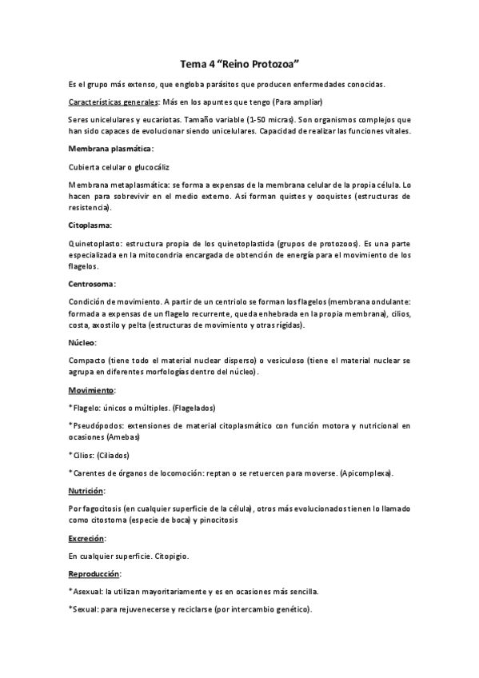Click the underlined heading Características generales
[x=114, y=102]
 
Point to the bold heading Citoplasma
[x=90, y=225]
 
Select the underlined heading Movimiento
[x=92, y=389]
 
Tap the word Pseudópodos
[x=99, y=425]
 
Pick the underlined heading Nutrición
[x=89, y=491]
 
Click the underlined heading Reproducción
[x=95, y=574]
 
